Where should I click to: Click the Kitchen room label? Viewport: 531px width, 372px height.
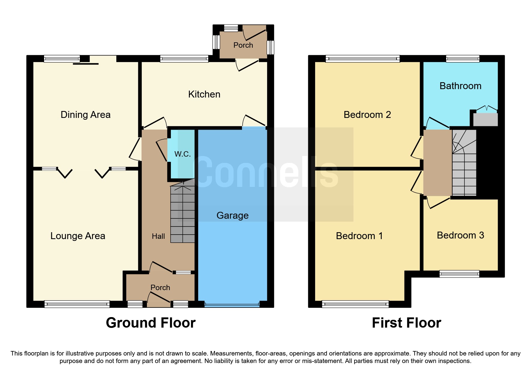[204, 94]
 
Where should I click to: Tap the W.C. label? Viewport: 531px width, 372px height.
[182, 154]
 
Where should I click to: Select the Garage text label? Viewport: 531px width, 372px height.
[232, 215]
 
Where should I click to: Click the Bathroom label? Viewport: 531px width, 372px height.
[460, 86]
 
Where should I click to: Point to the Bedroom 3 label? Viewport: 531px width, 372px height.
[460, 235]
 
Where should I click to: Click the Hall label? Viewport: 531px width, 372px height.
[158, 236]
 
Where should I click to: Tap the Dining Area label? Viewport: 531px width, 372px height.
[85, 115]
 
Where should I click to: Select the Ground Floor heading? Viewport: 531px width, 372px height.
[151, 323]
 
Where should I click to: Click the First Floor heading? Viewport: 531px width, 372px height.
[406, 323]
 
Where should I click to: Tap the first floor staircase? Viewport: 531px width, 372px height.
[464, 168]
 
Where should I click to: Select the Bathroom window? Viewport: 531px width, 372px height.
[463, 59]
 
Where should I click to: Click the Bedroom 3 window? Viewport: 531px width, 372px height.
[459, 274]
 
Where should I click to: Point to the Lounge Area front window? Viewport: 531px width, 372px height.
[77, 304]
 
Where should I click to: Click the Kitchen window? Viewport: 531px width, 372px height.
[184, 59]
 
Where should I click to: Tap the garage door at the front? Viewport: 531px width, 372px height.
[232, 305]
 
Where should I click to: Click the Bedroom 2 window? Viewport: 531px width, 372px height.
[362, 59]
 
